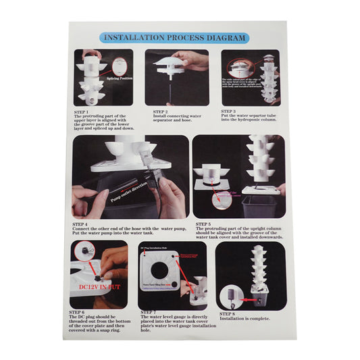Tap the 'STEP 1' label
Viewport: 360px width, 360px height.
click(84, 111)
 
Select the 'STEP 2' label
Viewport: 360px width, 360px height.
click(160, 111)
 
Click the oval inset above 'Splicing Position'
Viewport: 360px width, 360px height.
click(120, 66)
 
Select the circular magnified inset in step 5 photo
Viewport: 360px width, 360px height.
click(220, 198)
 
